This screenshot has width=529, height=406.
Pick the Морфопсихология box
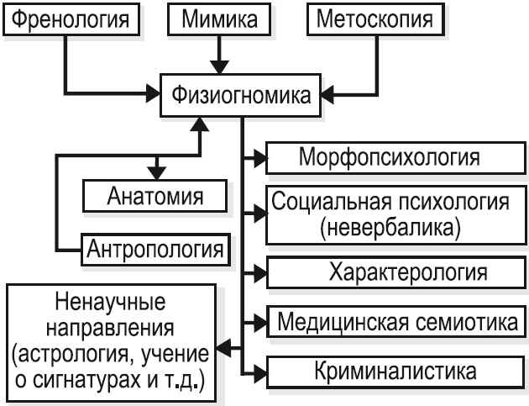point(390,157)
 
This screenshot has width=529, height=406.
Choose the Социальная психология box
point(390,214)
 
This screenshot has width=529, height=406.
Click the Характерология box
point(390,272)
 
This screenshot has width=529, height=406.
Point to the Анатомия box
point(156,198)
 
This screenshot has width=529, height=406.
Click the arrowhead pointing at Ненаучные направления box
point(224,345)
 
